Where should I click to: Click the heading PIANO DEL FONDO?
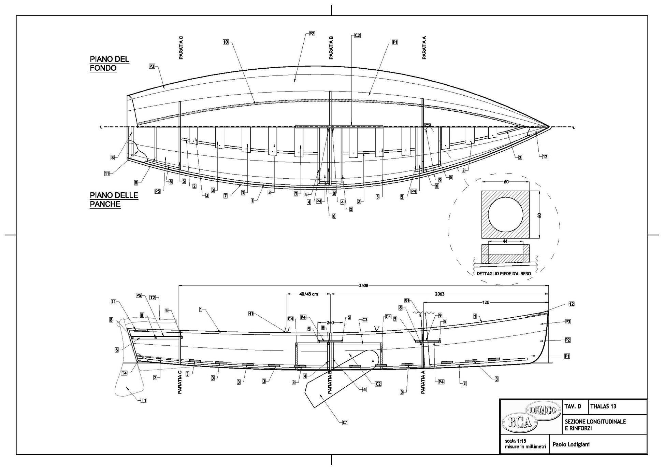109,64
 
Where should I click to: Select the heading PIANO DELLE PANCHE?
114,200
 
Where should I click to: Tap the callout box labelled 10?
226,42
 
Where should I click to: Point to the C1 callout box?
345,423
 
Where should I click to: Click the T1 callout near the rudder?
143,400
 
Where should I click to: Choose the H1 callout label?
251,314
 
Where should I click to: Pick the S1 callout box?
407,301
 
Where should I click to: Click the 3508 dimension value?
364,286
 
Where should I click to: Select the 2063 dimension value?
439,294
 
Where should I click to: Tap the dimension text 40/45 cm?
308,294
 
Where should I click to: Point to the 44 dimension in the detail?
505,241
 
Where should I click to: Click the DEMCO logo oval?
543,409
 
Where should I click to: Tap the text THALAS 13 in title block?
603,406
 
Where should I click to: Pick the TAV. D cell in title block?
573,406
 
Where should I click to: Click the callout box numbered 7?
226,196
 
